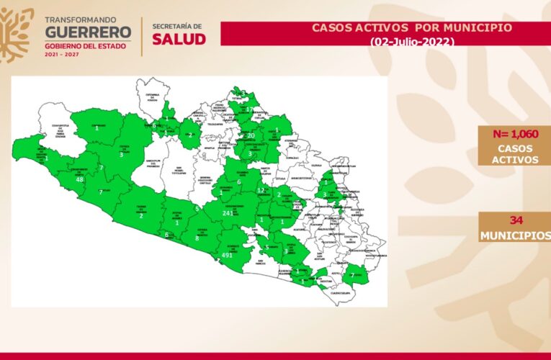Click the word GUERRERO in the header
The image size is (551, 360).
click(x=89, y=32)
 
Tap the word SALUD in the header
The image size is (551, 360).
click(x=178, y=39)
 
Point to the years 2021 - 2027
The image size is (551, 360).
click(x=63, y=53)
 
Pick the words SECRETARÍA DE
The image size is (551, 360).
click(x=177, y=27)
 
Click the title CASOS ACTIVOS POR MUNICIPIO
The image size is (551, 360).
click(x=411, y=27)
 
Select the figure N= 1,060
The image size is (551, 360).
click(x=515, y=133)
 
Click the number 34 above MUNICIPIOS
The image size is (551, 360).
click(x=515, y=220)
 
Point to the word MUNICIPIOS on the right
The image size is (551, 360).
click(x=515, y=235)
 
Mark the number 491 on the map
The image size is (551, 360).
click(x=228, y=256)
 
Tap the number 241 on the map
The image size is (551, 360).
click(x=229, y=213)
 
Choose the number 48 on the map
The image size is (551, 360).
click(x=79, y=180)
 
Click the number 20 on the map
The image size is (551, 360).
click(x=251, y=135)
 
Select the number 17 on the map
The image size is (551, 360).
click(x=249, y=109)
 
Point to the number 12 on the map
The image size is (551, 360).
click(x=260, y=191)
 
